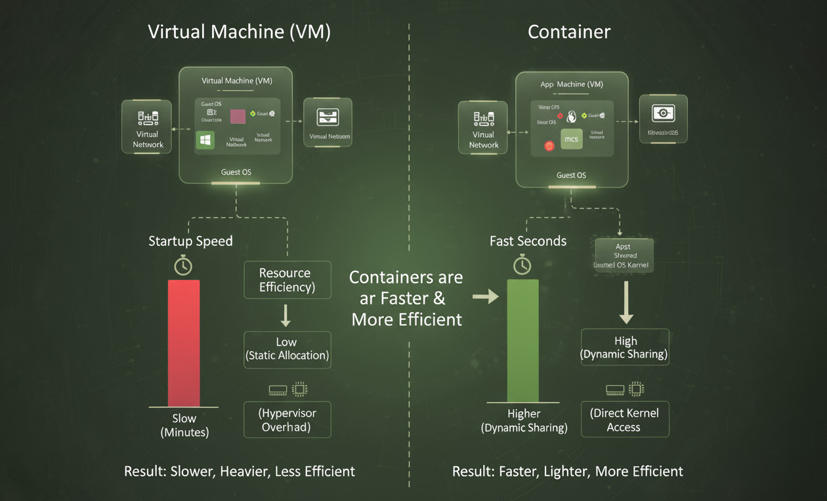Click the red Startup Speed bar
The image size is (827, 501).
(184, 343)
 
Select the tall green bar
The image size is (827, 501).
(522, 340)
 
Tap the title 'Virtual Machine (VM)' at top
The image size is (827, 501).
(240, 32)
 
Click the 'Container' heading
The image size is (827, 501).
(568, 32)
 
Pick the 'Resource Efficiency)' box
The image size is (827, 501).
(287, 280)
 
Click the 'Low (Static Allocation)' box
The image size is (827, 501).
(287, 349)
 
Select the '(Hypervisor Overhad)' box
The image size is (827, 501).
(287, 420)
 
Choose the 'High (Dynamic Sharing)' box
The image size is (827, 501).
(625, 348)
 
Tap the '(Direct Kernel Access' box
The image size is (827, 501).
(625, 420)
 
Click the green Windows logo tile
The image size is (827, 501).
(205, 140)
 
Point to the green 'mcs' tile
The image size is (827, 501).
(572, 140)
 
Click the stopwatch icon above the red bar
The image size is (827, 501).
(183, 265)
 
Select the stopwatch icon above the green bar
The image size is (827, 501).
(522, 264)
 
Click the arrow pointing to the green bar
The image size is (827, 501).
(485, 297)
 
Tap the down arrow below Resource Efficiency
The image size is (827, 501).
(286, 315)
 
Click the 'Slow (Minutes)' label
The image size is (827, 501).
(184, 425)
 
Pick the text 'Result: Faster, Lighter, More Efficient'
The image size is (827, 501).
(567, 471)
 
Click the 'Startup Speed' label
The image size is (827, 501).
(190, 241)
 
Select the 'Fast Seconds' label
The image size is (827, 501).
(528, 241)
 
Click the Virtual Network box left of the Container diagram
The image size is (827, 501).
(484, 127)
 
